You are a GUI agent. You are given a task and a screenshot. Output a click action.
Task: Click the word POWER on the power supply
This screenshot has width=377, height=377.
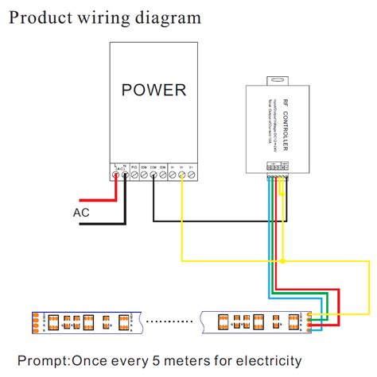pos(153,89)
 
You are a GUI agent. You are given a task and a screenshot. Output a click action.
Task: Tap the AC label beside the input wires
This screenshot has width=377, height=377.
pos(81,213)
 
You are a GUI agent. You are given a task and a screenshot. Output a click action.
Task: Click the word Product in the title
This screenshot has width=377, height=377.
pos(40,17)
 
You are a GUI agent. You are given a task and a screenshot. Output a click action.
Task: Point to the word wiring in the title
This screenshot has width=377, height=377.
pos(105,17)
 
